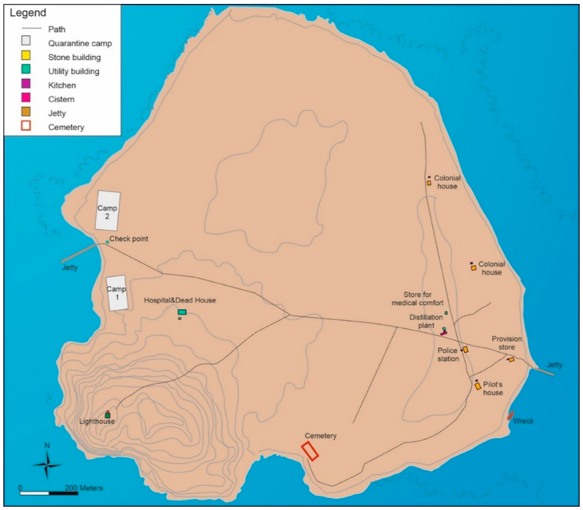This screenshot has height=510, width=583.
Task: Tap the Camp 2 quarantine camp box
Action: tap(107, 211)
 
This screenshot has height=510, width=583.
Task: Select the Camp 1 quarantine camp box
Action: tap(117, 293)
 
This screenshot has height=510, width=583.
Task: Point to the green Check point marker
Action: tap(107, 242)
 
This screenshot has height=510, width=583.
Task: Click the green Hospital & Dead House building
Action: tap(182, 312)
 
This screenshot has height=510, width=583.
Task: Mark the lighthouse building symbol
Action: tap(107, 415)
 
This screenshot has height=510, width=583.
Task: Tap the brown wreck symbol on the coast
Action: tap(511, 415)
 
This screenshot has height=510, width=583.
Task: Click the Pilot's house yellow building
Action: tap(478, 386)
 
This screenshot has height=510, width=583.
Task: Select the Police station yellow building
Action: tap(466, 350)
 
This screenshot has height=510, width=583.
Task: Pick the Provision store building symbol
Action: tap(511, 359)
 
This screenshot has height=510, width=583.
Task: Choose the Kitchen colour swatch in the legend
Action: tap(26, 84)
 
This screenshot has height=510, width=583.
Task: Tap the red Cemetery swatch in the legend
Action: tap(26, 126)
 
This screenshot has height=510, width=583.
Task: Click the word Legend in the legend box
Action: tap(28, 13)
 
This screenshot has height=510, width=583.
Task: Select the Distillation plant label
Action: tap(426, 321)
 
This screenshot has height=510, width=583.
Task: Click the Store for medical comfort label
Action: tap(418, 299)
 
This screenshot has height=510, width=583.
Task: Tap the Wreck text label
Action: tap(523, 421)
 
